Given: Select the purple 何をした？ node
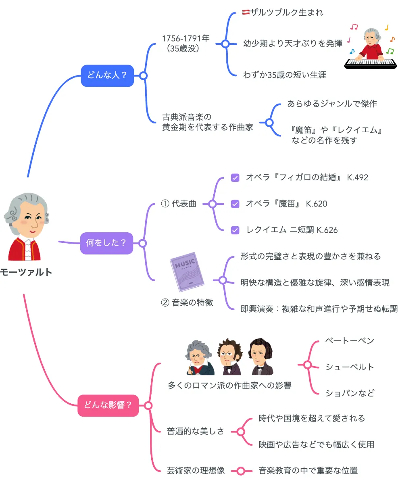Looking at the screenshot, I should tap(106, 243).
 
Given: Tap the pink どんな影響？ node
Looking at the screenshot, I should tap(108, 405).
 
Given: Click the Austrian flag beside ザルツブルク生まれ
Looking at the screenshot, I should tap(246, 13).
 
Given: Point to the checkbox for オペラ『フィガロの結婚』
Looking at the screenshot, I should tap(235, 177).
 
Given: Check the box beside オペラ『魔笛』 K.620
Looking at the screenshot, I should tap(235, 204).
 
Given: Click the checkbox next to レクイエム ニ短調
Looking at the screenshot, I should tap(235, 230).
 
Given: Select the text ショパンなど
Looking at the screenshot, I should tap(350, 393).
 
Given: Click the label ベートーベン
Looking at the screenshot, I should tap(349, 340).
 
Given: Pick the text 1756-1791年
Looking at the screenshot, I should tap(185, 39).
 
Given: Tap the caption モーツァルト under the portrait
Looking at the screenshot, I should tap(26, 272).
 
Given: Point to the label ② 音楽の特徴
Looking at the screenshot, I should tap(187, 302).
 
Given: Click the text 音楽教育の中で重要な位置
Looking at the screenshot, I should tap(308, 470).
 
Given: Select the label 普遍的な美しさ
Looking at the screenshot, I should tap(196, 432).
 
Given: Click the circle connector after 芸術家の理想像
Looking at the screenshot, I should tap(241, 471).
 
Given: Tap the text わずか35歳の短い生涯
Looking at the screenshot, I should tap(284, 75).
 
